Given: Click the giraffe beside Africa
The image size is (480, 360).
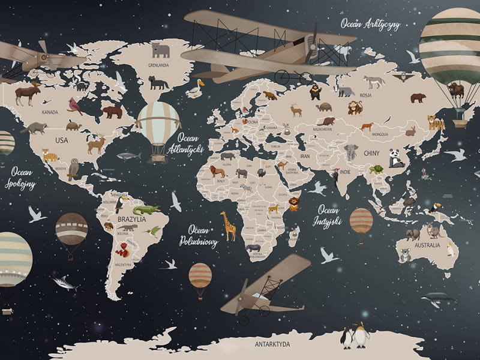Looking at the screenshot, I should point(229,226).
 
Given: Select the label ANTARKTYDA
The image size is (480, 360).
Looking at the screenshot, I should point(272,344).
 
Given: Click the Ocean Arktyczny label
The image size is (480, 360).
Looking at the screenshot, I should point(370,24).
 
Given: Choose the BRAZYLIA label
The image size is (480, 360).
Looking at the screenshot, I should point(132,219).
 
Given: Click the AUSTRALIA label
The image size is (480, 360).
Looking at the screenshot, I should point(427,245).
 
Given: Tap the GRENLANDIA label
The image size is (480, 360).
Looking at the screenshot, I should point(159,65).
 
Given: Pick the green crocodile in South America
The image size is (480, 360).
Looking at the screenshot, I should point(146,209).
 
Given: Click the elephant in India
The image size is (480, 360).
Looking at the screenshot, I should point(351,152).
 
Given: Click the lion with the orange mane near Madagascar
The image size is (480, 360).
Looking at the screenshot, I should point(293,204).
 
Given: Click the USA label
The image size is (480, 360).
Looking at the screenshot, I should point(62,140).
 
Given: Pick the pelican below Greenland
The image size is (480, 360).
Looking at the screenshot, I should point(196,89).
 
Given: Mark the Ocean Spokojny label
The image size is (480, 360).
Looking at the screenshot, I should point(20,178).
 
